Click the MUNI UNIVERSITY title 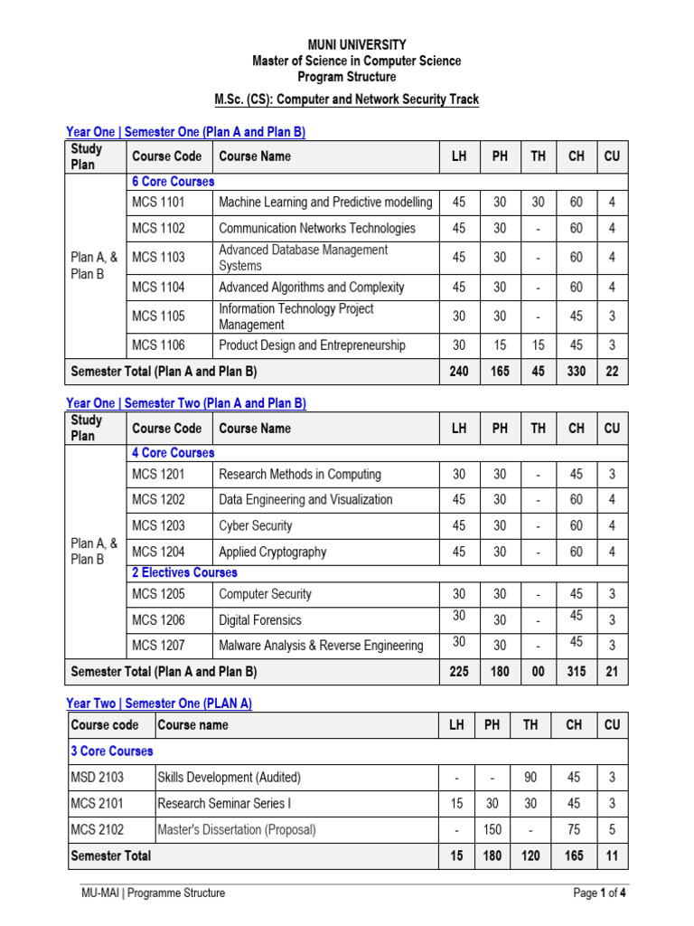(357, 44)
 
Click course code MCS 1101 (158, 203)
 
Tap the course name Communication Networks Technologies (317, 229)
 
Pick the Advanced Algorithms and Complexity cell (311, 288)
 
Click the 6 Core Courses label (173, 182)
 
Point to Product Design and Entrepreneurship (312, 345)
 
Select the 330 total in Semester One (576, 372)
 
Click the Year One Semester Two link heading (186, 403)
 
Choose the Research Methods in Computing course (300, 475)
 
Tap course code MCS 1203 (158, 526)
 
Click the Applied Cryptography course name (272, 553)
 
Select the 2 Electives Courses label (184, 572)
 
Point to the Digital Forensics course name (260, 620)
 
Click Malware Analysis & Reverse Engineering (321, 646)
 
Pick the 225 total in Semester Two (458, 672)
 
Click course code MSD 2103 (98, 778)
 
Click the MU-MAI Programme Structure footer (154, 893)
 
